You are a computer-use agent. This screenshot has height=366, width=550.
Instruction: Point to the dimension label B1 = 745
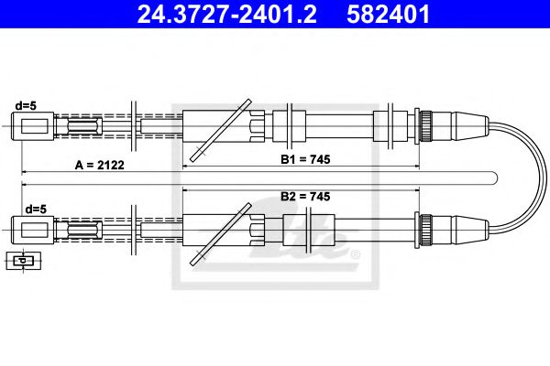tap(305, 159)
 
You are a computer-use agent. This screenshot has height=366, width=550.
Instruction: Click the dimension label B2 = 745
tap(305, 196)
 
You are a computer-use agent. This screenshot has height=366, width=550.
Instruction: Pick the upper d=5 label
tap(26, 104)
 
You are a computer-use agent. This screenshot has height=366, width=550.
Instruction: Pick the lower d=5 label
tap(35, 209)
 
